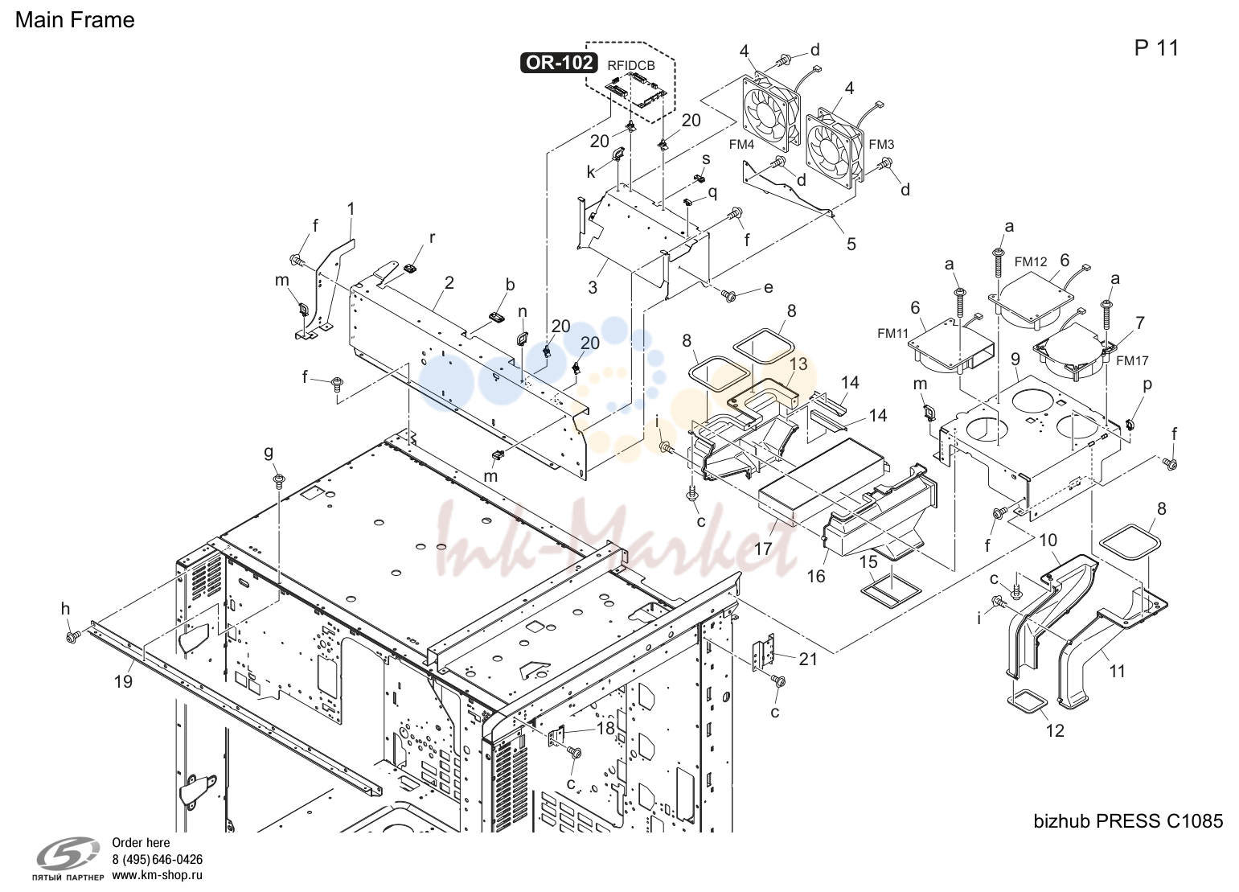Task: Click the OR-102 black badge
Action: (559, 63)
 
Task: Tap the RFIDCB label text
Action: (631, 66)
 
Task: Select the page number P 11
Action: (1156, 48)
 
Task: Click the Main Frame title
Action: (75, 20)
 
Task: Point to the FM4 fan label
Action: (742, 145)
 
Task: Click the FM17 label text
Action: (1132, 361)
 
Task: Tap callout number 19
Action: (123, 681)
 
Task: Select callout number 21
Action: (808, 659)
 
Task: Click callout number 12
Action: (1055, 731)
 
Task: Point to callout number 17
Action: (763, 549)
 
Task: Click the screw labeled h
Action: (72, 638)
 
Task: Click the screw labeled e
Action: (729, 297)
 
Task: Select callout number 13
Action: (798, 364)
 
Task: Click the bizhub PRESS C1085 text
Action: (1128, 821)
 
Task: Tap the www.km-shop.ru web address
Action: (157, 875)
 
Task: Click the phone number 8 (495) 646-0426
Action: (157, 859)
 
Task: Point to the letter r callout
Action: (432, 238)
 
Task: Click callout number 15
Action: (868, 561)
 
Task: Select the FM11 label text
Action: (893, 333)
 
